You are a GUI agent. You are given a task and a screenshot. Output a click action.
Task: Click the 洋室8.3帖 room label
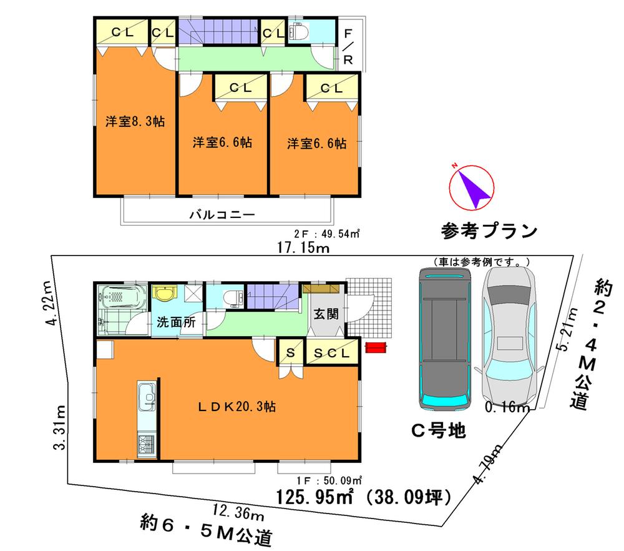[135, 122]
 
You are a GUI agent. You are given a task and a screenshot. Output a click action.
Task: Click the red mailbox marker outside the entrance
[376, 347]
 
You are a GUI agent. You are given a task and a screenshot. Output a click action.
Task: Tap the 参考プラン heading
[489, 231]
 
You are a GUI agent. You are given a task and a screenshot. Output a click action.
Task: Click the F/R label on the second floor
[348, 47]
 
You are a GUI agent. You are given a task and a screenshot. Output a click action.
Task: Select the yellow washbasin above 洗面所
[165, 294]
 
